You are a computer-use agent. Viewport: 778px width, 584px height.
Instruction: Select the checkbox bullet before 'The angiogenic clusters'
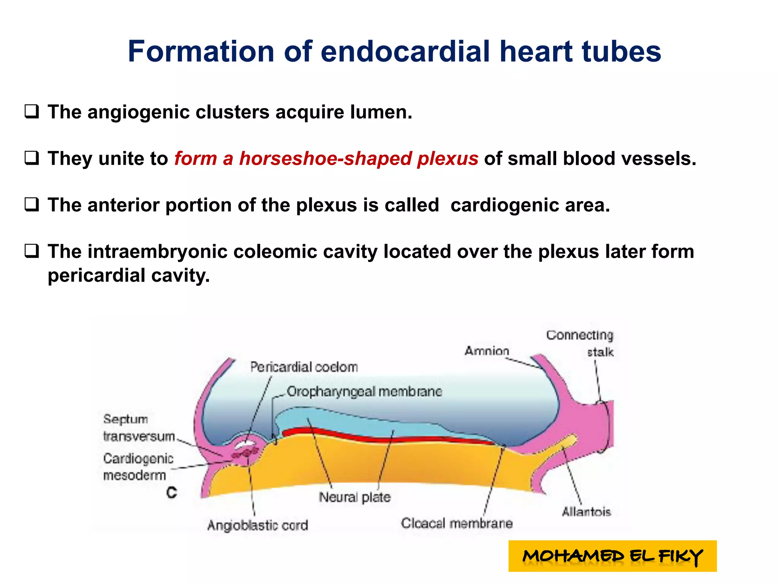tap(32, 112)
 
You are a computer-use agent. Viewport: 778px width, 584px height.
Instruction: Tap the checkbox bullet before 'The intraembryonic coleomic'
tap(32, 251)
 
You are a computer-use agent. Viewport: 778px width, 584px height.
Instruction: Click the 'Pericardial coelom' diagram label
tap(304, 367)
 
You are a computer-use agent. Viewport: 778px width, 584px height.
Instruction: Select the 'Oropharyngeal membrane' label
tap(364, 392)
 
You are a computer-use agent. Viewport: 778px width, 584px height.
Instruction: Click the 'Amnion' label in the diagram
tap(487, 351)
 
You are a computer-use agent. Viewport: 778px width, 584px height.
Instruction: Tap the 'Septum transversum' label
tap(138, 428)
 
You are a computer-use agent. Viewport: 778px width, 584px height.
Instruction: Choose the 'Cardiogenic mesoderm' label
tap(138, 467)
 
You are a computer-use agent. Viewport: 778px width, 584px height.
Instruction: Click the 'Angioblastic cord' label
tap(258, 525)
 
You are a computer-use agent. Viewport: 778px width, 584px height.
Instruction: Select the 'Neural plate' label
tap(354, 497)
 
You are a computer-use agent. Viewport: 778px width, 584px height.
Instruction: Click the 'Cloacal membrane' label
tap(457, 524)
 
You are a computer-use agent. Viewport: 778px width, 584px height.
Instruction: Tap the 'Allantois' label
tap(586, 512)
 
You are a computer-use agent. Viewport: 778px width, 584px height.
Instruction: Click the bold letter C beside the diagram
tap(172, 493)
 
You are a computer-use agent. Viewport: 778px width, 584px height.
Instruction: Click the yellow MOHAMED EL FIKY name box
tap(612, 556)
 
